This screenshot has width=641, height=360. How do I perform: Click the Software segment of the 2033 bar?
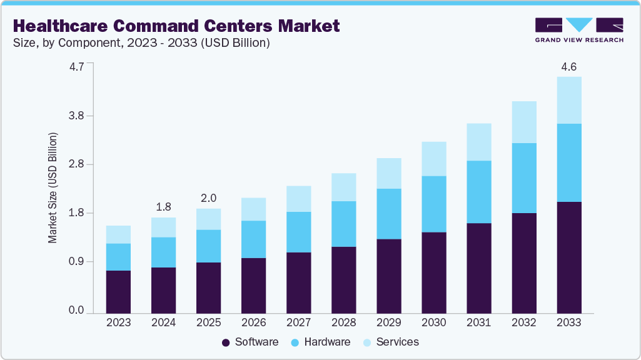pyautogui.click(x=568, y=257)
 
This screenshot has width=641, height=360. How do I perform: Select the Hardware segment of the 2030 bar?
pyautogui.click(x=433, y=204)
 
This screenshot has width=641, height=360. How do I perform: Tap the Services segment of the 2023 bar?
pyautogui.click(x=118, y=234)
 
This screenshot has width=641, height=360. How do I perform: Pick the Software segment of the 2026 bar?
pyautogui.click(x=253, y=285)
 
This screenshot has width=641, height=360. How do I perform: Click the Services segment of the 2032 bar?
pyautogui.click(x=523, y=122)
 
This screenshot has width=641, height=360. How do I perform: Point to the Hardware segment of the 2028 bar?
pyautogui.click(x=343, y=224)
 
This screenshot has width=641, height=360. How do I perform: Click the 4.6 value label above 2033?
pyautogui.click(x=568, y=66)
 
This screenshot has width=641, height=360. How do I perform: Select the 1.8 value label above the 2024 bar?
pyautogui.click(x=163, y=207)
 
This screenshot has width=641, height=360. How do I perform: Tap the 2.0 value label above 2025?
pyautogui.click(x=208, y=198)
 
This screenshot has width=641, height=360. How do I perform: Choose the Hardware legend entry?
pyautogui.click(x=320, y=342)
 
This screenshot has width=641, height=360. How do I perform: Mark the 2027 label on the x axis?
pyautogui.click(x=298, y=323)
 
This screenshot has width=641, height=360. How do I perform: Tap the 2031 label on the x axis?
pyautogui.click(x=478, y=323)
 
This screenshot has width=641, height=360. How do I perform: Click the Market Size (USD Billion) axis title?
pyautogui.click(x=53, y=187)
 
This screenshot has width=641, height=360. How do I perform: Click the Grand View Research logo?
pyautogui.click(x=578, y=29)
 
